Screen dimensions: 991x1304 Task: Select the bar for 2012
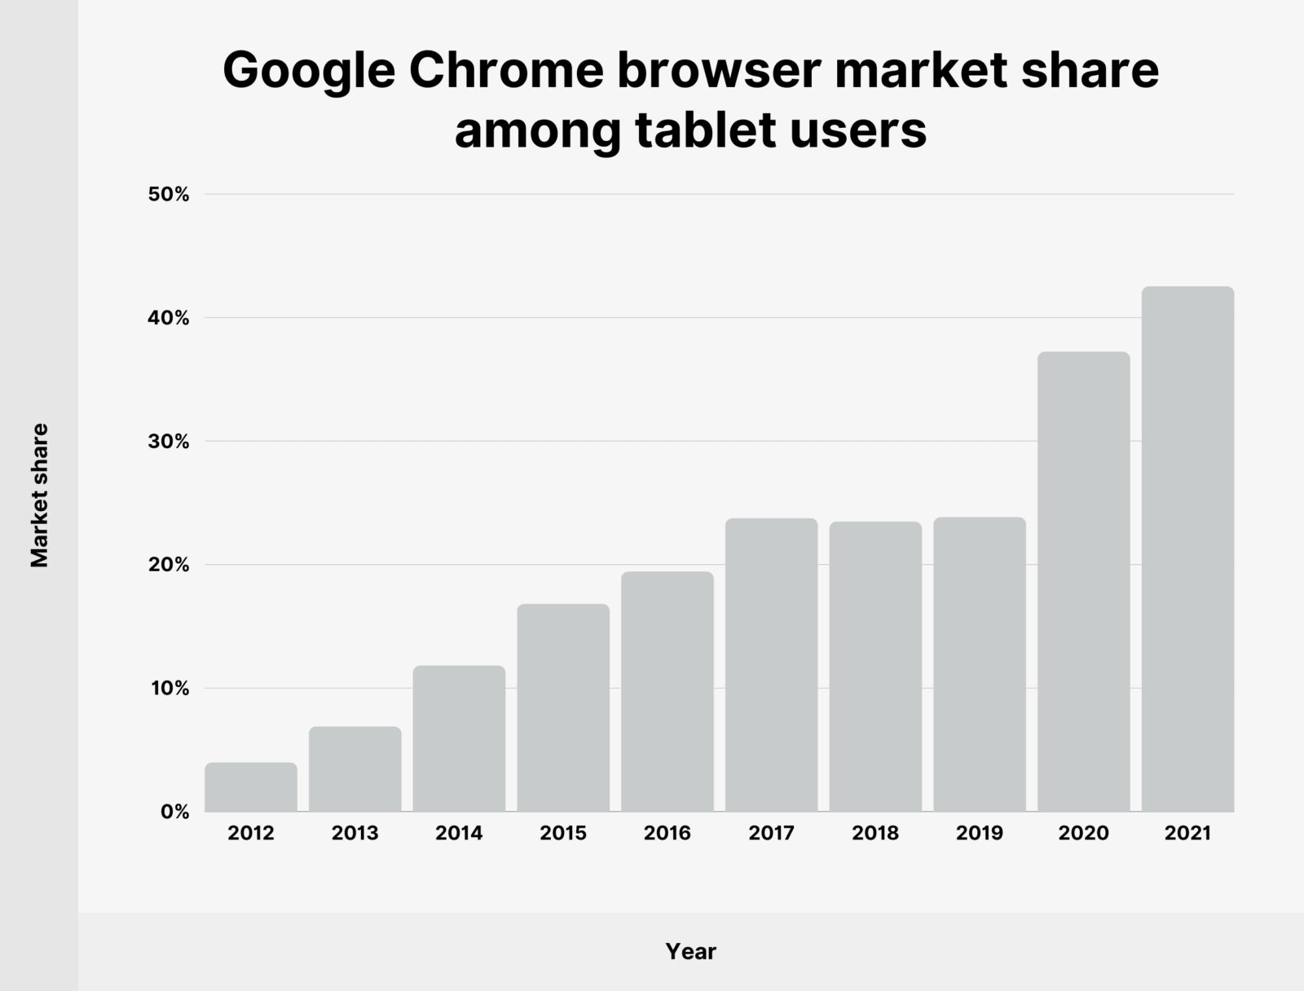coord(251,787)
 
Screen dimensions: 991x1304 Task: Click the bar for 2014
coord(459,738)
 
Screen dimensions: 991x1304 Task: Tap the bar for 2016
coord(667,691)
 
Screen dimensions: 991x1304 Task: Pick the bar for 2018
coord(875,667)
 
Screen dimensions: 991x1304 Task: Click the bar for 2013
coord(355,769)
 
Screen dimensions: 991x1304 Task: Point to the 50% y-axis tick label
coord(169,195)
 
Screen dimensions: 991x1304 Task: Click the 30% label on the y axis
coord(169,442)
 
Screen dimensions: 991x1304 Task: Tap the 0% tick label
coord(174,813)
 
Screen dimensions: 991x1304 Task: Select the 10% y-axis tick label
coord(170,689)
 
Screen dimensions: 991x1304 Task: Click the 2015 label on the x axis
coord(563,834)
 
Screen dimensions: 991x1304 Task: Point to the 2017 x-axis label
coord(771,834)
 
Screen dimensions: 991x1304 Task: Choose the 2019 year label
coord(980,834)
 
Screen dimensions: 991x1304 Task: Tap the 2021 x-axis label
coord(1187,834)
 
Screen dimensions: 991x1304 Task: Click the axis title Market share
coord(40,495)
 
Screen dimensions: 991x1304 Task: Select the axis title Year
coord(690,951)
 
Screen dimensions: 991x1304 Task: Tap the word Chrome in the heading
coord(505,71)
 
